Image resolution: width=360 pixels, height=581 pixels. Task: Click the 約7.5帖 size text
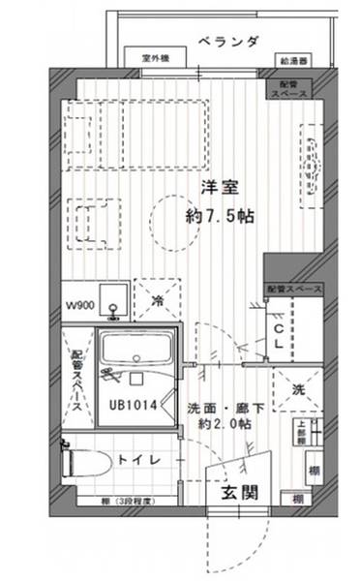(x=220, y=217)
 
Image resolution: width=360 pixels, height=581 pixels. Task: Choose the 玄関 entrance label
(x=238, y=491)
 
